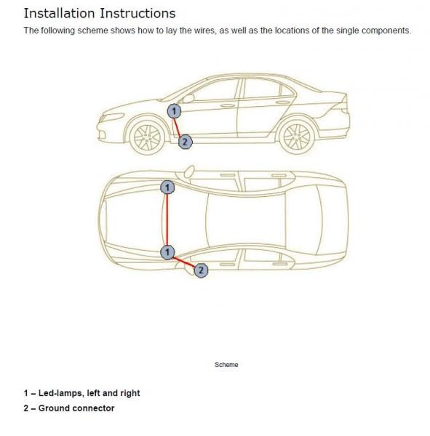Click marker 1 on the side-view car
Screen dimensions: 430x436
coord(174,111)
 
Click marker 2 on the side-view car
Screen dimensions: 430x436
coord(186,142)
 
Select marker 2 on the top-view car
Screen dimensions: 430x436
coord(201,270)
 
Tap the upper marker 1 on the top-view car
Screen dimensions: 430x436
coord(167,187)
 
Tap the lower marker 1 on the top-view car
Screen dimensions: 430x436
coord(167,252)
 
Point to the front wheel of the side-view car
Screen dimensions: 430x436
coord(147,137)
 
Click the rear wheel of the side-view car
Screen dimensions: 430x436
coord(297,137)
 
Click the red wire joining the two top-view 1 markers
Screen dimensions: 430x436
coord(167,220)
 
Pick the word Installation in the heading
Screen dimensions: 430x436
coord(60,13)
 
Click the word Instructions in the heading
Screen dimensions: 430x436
coord(138,13)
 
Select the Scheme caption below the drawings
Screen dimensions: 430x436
coord(226,365)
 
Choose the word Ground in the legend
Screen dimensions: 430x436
coord(53,408)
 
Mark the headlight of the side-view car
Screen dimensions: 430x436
coord(113,117)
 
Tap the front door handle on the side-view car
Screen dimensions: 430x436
coord(228,105)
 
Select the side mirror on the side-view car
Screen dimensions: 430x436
coord(188,98)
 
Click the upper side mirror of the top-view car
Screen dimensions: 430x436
coord(190,171)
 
